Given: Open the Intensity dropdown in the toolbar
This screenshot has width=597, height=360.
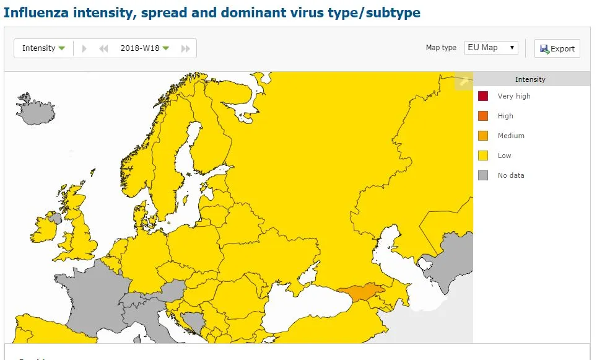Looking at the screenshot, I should coord(43,48).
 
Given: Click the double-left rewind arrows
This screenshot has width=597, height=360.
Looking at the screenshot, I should coord(103,48).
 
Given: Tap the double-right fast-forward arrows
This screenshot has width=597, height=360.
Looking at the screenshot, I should coord(185,48).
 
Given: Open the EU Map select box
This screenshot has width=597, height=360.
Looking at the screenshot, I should coord(491,48).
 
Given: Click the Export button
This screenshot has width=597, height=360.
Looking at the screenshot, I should coord(557,48).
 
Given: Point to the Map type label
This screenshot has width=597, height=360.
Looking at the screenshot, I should coord(441,48).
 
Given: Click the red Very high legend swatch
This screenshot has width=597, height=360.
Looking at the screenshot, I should coord(483,96).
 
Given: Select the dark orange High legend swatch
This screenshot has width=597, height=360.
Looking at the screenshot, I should coord(483,116).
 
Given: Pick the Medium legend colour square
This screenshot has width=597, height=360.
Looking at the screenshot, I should coord(483,136).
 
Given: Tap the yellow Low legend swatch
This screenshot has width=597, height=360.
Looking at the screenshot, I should coord(483,156).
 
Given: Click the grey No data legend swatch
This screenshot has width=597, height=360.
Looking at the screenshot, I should coord(483,175).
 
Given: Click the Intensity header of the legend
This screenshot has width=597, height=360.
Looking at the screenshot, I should coord(530,79).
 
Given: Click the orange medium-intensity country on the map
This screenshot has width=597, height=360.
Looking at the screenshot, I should coord(361,292).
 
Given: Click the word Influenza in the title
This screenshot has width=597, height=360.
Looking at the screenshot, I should coord(37,12).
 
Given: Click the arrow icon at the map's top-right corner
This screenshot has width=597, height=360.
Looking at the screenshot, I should coord(463,81).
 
